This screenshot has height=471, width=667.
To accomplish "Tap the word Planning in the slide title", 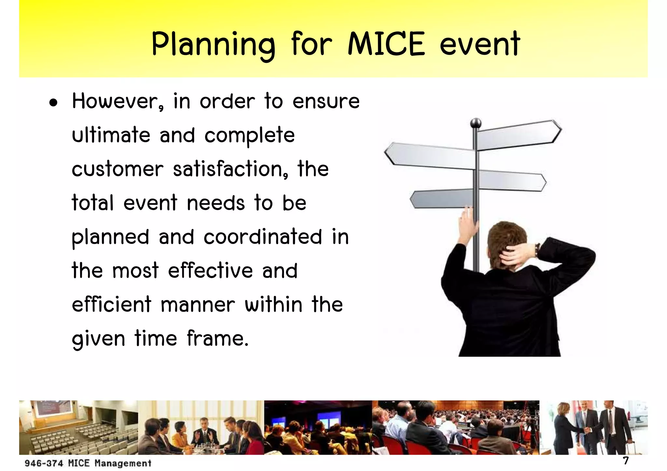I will pos(213,45).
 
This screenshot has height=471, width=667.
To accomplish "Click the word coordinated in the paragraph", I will pos(263,237).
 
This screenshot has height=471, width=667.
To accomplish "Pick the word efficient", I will pos(112,304).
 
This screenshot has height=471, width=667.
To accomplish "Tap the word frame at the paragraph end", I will pos(217,339).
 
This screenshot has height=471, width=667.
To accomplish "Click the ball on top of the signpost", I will pos(476,123).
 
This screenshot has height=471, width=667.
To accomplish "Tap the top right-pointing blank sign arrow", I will pos(519,135).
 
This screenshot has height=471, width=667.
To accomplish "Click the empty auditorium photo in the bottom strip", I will pos(78,427).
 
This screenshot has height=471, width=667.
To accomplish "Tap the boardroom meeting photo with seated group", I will pos(201,427).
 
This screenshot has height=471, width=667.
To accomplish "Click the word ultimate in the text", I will pos(111,135).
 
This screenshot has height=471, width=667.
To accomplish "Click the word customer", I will pos(117,169).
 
